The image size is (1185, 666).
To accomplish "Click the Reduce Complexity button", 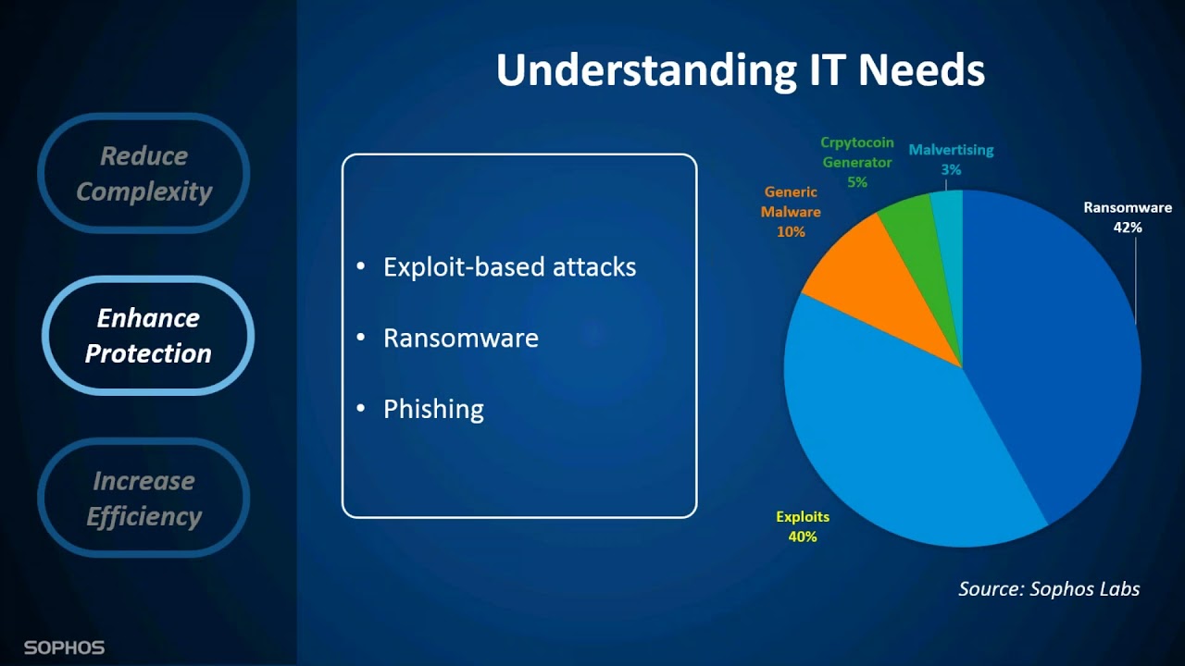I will (143, 174).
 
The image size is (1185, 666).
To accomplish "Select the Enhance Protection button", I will (148, 336).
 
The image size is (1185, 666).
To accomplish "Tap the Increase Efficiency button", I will (143, 499).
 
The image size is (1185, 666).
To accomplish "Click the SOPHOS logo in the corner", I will (64, 647).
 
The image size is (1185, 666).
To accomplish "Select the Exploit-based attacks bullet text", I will (509, 267).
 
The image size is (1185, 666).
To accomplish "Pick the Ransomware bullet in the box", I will (460, 338).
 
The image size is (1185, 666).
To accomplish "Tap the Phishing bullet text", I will (433, 409).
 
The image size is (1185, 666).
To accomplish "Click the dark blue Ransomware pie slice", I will (1055, 351).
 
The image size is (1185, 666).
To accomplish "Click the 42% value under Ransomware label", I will (1128, 228).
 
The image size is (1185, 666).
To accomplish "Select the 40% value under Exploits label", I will (802, 536).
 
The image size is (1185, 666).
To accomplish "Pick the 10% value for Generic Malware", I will (791, 232).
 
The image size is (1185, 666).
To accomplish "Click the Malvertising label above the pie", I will (951, 150).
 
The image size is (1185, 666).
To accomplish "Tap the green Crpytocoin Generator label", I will (857, 153).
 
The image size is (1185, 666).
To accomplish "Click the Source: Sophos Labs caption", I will (1049, 589).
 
